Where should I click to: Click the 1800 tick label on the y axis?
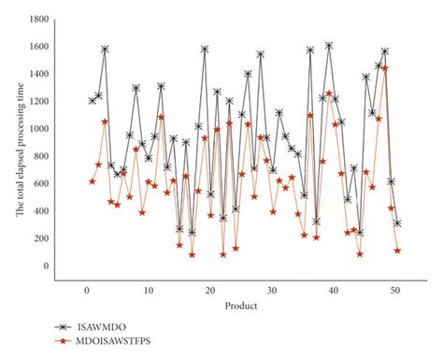pyautogui.click(x=37, y=19)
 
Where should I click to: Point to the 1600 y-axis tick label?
pyautogui.click(x=37, y=47)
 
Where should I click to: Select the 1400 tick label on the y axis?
pyautogui.click(x=37, y=74)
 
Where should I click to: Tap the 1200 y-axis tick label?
pyautogui.click(x=37, y=101)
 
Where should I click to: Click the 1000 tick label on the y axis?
pyautogui.click(x=37, y=128)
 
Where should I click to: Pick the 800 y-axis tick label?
pyautogui.click(x=40, y=156)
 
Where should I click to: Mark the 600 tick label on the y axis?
pyautogui.click(x=40, y=183)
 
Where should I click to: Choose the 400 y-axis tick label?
pyautogui.click(x=40, y=210)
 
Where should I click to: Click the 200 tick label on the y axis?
pyautogui.click(x=40, y=238)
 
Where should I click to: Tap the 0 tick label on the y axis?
pyautogui.click(x=45, y=266)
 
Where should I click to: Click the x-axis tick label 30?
pyautogui.click(x=272, y=291)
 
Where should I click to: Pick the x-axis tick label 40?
pyautogui.click(x=335, y=291)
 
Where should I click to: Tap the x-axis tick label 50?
pyautogui.click(x=396, y=291)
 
